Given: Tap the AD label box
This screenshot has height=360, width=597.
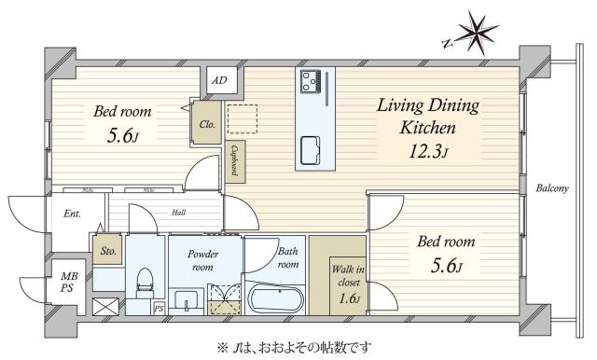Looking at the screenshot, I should (219, 80).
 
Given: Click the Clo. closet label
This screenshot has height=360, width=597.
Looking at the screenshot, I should (206, 123).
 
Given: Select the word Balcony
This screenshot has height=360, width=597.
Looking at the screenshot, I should (552, 189).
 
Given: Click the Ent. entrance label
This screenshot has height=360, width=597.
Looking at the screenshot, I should (73, 214).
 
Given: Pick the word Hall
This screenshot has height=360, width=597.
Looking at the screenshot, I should (177, 213).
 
